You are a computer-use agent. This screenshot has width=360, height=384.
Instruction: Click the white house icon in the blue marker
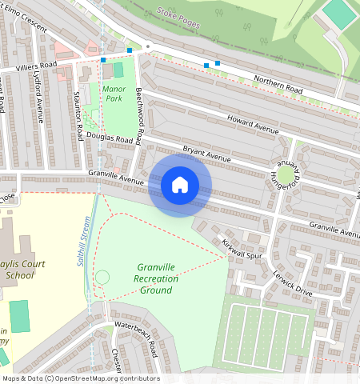point(180,185)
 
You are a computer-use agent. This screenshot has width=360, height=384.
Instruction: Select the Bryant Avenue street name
point(206,154)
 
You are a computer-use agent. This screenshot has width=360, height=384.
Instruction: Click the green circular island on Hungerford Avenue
point(286,174)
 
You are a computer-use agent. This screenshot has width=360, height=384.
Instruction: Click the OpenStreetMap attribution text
point(80,378)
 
